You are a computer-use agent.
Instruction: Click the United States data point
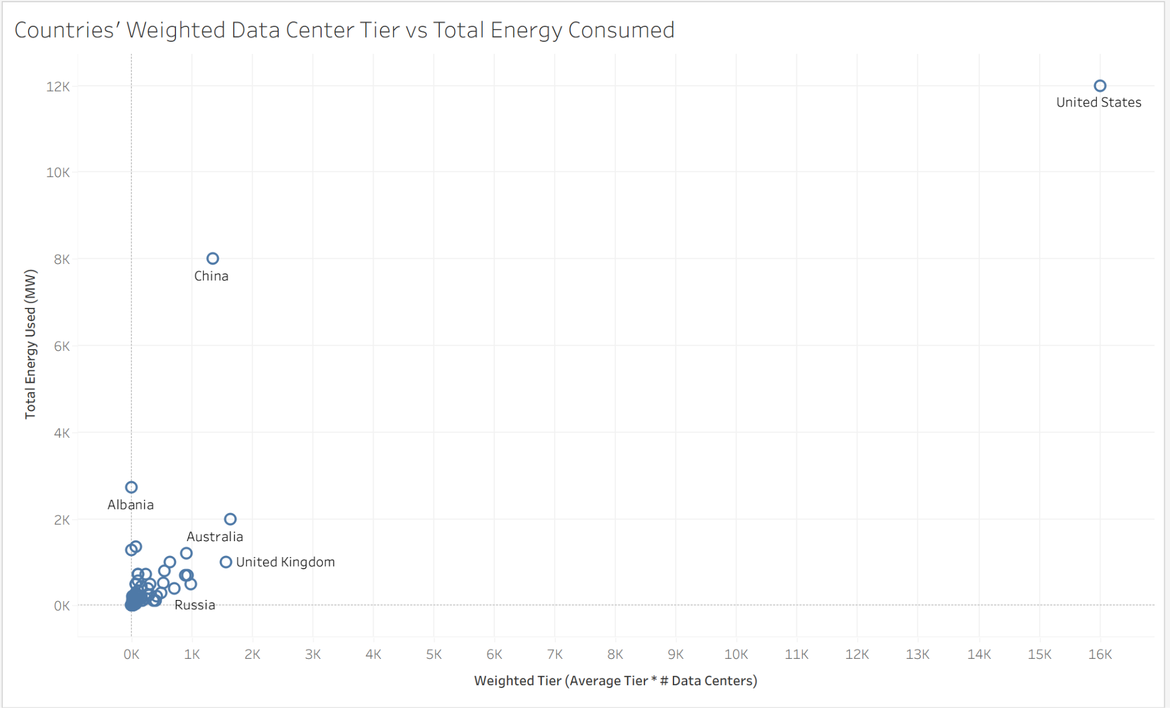[x=1100, y=86]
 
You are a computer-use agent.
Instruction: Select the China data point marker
[x=213, y=259]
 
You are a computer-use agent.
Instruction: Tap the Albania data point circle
[x=131, y=487]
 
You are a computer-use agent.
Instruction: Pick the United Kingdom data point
[x=226, y=562]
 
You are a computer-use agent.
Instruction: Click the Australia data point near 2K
[x=230, y=519]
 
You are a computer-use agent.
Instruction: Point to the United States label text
[x=1099, y=103]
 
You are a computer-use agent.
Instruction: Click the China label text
[x=211, y=277]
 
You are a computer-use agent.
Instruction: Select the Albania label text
[x=131, y=505]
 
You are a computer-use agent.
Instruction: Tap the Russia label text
[x=195, y=606]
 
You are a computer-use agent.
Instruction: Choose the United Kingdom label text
[x=286, y=562]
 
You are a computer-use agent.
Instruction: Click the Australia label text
[x=215, y=537]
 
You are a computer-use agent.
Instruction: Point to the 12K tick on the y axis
[x=58, y=87]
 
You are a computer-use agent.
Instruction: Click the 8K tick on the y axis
[x=62, y=259]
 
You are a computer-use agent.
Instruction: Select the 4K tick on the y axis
[x=62, y=433]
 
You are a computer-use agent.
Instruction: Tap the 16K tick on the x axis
[x=1100, y=655]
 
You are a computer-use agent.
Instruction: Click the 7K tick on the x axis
[x=555, y=655]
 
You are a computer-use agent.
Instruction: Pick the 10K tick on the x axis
[x=736, y=655]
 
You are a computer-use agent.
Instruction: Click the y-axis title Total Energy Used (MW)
[x=30, y=345]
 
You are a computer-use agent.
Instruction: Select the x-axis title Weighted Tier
[x=615, y=681]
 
